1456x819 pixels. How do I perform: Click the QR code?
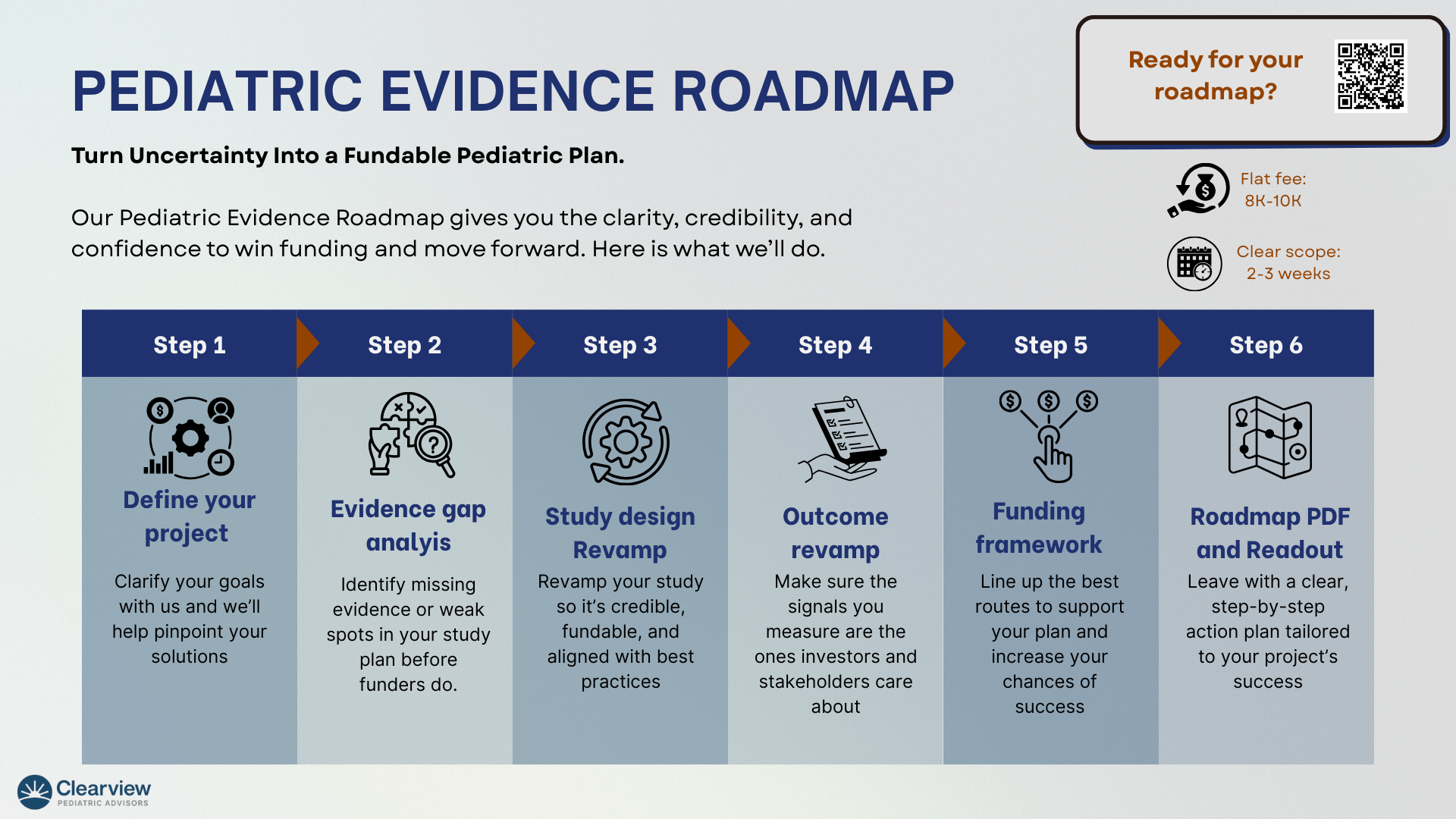1371,76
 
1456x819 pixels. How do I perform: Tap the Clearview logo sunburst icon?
35,792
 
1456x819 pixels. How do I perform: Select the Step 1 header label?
190,345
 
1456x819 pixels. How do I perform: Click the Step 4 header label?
835,345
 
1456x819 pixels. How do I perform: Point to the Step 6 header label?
1266,345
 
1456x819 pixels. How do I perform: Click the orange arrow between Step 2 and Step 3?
523,344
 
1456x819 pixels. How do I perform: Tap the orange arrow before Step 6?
1169,344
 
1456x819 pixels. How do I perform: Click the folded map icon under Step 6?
1270,438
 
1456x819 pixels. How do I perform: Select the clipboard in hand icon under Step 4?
842,439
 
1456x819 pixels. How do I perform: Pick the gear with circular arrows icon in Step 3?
626,441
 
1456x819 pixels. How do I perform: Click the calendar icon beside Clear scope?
1194,264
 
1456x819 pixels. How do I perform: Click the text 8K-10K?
1272,200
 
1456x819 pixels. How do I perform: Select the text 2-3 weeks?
1288,273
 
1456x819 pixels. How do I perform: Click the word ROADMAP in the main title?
813,91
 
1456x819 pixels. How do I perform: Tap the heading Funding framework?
1039,528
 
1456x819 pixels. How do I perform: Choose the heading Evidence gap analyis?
408,526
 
